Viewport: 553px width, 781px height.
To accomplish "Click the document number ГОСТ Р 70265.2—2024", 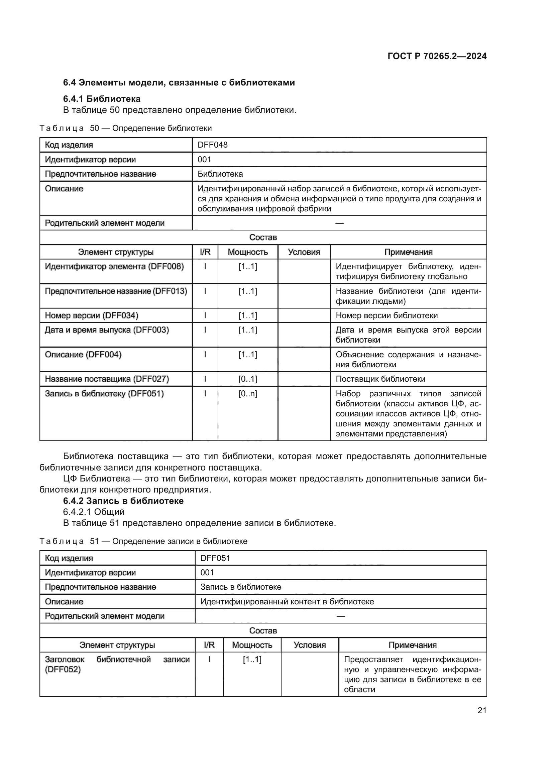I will coord(437,56).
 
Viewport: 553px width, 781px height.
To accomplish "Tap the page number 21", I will coord(482,710).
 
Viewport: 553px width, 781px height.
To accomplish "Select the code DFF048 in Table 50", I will coord(213,145).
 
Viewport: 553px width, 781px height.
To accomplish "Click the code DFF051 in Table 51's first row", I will coord(215,558).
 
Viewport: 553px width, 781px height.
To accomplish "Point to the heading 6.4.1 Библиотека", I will coord(102,99).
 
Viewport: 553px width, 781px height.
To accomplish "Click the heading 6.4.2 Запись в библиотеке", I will coord(123,501).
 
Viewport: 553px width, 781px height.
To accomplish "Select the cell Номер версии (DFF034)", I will coord(92,316).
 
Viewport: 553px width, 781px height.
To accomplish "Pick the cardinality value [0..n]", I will coord(247,394).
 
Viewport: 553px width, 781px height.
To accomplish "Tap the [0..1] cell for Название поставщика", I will coord(247,379).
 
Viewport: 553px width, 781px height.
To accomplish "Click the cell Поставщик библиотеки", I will coord(380,379).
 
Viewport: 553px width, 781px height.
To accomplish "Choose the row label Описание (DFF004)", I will coord(83,355).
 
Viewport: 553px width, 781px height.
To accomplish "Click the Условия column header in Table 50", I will coord(304,252).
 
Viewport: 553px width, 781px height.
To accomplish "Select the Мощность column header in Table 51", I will coord(252,645).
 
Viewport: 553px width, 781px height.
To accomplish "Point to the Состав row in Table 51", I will coord(263,630).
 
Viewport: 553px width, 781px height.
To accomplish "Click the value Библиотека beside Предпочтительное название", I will coord(220,174).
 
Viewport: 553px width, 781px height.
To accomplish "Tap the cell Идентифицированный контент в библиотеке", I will coord(287,602).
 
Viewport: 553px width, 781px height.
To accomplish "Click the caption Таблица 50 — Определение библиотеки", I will coord(126,128).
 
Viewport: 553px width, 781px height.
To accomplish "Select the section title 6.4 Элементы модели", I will coord(179,83).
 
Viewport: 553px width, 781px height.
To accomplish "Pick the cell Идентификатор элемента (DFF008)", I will coord(114,267).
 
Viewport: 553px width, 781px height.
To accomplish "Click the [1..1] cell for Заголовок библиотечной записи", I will coord(252,659).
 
